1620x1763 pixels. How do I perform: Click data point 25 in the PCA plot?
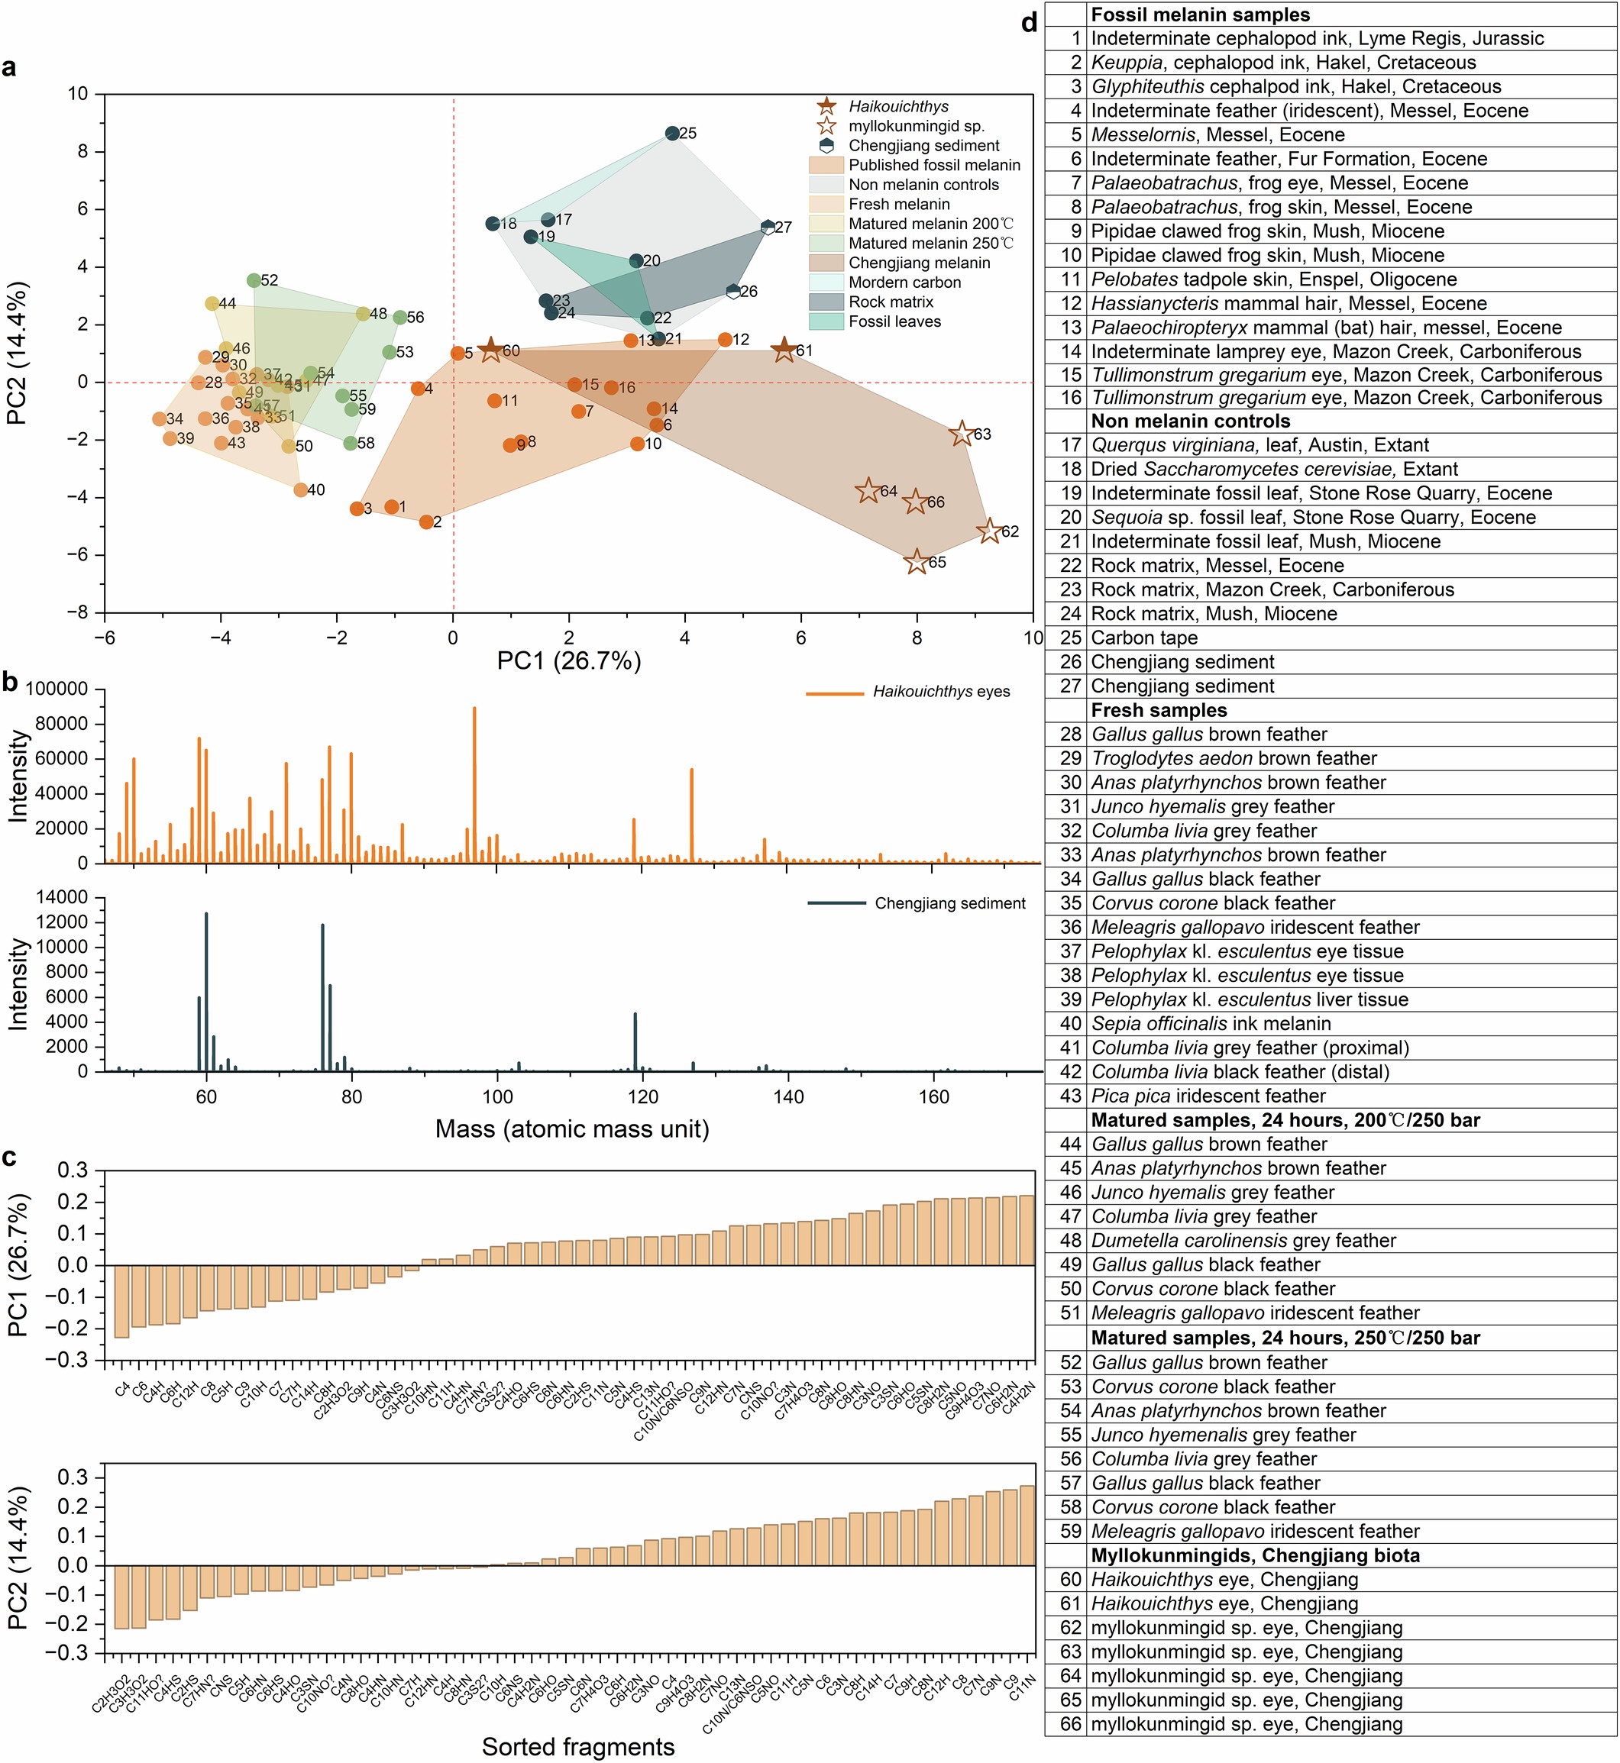click(x=671, y=133)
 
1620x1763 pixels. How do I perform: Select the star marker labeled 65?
click(x=916, y=563)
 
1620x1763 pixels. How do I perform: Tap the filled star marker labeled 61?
click(x=784, y=350)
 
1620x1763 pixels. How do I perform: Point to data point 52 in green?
click(x=254, y=280)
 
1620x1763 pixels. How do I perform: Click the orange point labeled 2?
click(x=426, y=522)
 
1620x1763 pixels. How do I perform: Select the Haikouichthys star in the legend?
click(x=826, y=107)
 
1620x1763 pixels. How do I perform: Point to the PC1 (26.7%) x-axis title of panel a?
click(x=569, y=660)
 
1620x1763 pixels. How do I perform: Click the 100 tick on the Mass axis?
click(x=497, y=1098)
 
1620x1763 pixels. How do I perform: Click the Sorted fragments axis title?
click(x=577, y=1746)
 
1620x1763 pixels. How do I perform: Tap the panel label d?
click(x=1029, y=22)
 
